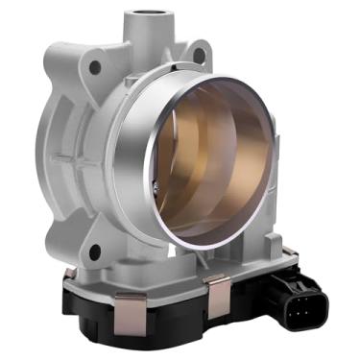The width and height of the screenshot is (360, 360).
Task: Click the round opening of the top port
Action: click(x=152, y=15)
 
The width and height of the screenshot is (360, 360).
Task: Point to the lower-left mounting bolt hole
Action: click(x=94, y=252)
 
